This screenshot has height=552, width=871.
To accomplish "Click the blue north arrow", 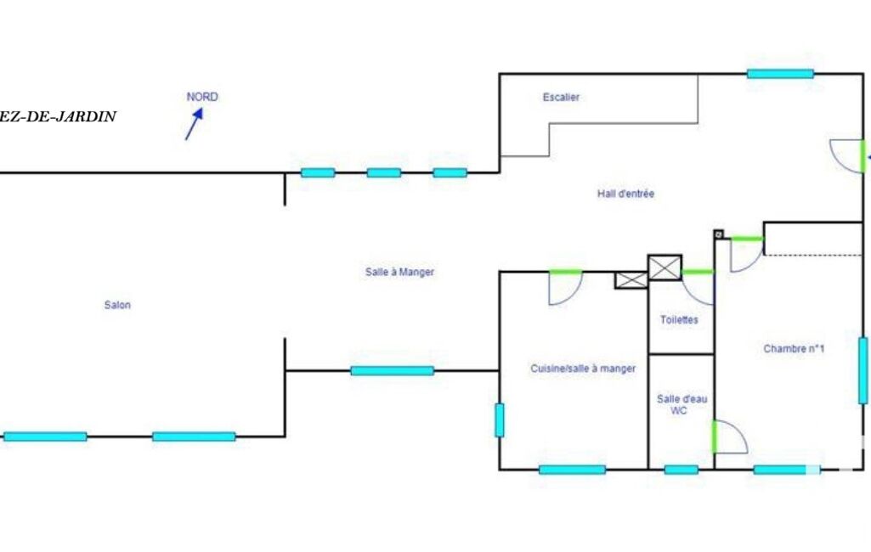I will tap(194, 126).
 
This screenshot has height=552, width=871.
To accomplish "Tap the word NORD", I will tap(202, 97).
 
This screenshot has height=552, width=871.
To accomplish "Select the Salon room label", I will tap(117, 305).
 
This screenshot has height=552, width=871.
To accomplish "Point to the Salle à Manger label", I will tap(399, 272).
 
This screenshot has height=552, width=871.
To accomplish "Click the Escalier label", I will tap(561, 98).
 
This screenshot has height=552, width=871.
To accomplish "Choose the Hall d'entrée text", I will tap(625, 194).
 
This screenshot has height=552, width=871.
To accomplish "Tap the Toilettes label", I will tap(679, 320).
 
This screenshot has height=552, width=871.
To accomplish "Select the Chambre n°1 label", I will tap(795, 348).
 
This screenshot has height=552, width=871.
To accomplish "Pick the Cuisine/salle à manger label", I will tap(583, 369).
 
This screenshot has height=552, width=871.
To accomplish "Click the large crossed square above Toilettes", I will tap(665, 268).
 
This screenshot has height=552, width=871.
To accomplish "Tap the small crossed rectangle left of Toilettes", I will tap(631, 280).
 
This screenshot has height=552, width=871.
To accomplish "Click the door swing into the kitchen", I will tap(565, 287).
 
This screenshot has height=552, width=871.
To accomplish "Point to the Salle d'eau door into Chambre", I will tap(729, 437).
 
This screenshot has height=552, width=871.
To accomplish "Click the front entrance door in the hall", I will tap(847, 156).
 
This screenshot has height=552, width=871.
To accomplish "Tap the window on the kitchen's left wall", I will tap(499, 420).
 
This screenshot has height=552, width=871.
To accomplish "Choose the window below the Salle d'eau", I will tap(681, 469).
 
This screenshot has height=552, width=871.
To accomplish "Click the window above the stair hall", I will tap(780, 74).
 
